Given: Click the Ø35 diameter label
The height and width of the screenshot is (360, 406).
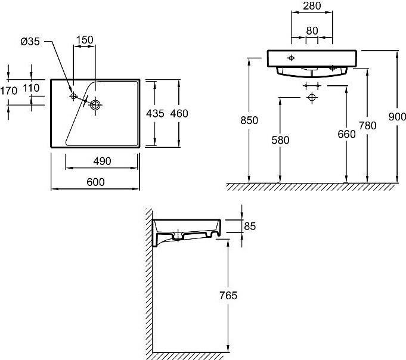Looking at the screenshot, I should (30, 42).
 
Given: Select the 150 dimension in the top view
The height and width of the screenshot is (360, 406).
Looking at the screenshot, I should (84, 39).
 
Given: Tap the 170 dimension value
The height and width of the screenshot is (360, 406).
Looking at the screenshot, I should (8, 91).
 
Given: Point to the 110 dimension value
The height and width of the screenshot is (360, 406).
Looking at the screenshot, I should (31, 88).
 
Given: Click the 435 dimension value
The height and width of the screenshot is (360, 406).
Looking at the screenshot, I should (156, 113).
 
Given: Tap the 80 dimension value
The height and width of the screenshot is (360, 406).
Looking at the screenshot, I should (311, 30).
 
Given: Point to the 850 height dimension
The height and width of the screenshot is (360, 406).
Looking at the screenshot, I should (249, 120).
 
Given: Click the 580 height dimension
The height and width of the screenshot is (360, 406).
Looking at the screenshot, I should (280, 140).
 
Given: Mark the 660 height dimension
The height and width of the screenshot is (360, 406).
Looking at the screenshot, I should (346, 134).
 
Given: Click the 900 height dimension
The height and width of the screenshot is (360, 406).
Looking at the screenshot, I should (396, 117).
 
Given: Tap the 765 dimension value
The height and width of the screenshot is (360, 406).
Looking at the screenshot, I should (228, 296).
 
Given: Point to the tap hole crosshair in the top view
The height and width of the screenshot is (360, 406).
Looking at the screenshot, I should (74, 96).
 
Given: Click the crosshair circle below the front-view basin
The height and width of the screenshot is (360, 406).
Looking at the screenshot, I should (311, 97).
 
